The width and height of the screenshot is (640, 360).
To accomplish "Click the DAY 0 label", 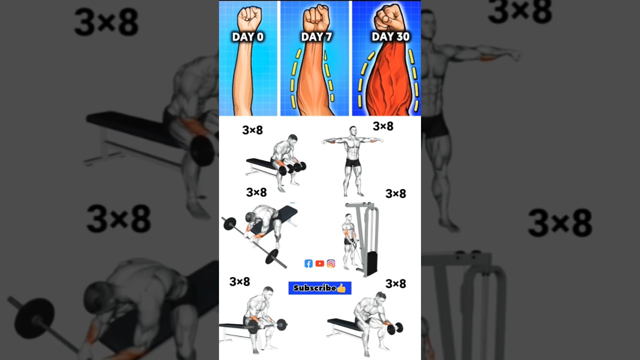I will pos(247,37).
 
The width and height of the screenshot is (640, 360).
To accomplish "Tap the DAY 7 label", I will pos(316,37).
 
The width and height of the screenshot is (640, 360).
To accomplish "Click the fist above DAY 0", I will pos(249,18).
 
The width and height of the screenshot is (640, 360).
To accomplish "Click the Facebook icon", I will pos(308,263).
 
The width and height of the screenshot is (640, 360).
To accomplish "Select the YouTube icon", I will pos(319,263).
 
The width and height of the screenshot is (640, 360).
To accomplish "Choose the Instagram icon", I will pos(330,263).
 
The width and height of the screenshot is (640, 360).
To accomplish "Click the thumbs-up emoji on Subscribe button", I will pos(341,288).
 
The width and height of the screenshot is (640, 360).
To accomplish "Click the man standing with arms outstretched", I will pos(352,160).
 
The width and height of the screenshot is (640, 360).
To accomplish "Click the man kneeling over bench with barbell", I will pos(262,222).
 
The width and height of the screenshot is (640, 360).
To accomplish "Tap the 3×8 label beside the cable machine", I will pos(395,194).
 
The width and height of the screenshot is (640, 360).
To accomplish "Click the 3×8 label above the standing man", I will pos(383,126).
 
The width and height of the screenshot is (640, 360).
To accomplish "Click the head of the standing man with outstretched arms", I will pos(353,130).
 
